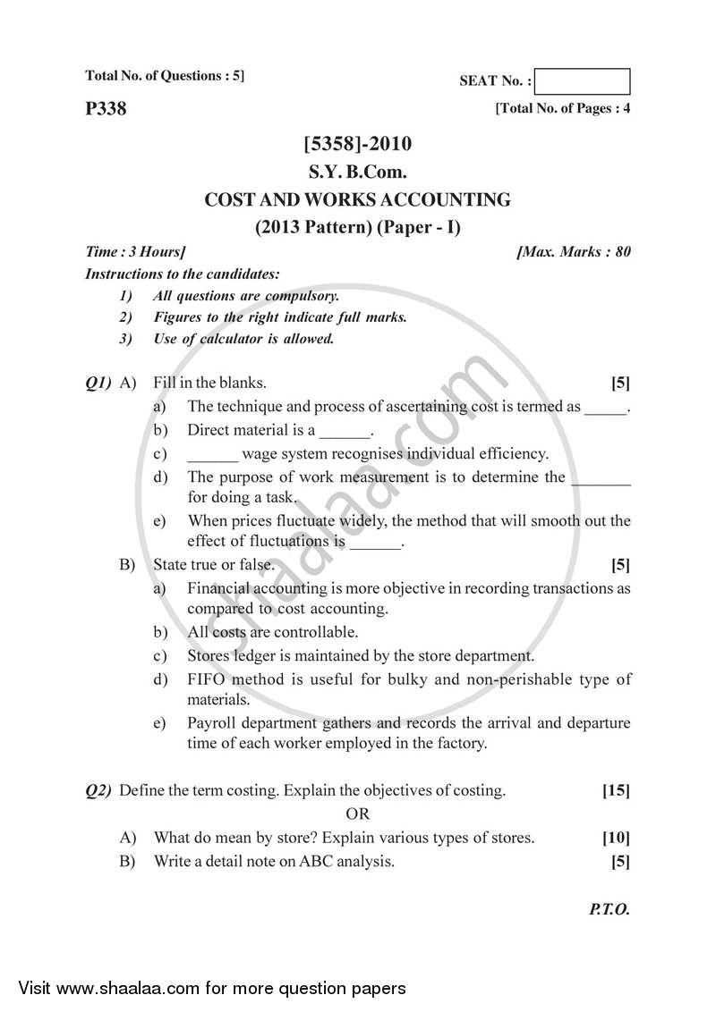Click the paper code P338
pyautogui.click(x=106, y=109)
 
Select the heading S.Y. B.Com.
pyautogui.click(x=358, y=173)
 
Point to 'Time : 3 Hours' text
pyautogui.click(x=135, y=252)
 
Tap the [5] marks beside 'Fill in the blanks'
pyautogui.click(x=620, y=384)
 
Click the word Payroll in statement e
pyautogui.click(x=211, y=722)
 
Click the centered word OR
pyautogui.click(x=357, y=814)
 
